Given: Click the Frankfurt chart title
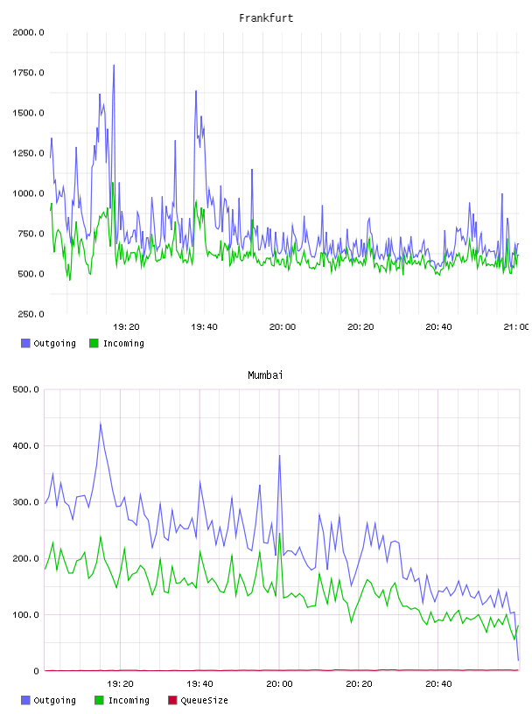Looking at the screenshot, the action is (266, 17).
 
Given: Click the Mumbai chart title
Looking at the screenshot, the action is (265, 374).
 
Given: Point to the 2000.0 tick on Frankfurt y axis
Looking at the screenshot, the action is (28, 32).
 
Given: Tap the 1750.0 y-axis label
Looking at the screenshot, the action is (28, 73).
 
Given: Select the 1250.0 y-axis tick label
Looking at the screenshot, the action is (28, 153).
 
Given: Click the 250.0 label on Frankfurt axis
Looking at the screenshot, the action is (31, 314).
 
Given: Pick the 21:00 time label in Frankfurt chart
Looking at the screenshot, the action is (516, 326).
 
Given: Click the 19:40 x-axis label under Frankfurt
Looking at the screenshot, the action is (204, 326).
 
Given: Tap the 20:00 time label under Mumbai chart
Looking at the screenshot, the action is (279, 683).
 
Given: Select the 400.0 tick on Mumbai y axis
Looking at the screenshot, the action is (25, 445).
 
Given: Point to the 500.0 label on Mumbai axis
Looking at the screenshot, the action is (25, 389).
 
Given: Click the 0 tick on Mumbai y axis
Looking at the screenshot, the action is (37, 671).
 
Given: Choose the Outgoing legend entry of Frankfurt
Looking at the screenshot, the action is (49, 343).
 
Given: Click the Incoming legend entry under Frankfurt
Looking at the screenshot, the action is (117, 343).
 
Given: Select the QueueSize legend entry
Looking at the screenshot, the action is (198, 700).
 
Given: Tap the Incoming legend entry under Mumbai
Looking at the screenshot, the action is (122, 700).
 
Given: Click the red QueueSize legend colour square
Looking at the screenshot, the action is (172, 700).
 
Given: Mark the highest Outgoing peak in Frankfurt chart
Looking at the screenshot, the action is (114, 65).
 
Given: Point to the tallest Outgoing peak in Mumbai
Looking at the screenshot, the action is (101, 423).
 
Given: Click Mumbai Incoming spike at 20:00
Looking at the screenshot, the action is (280, 534).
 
